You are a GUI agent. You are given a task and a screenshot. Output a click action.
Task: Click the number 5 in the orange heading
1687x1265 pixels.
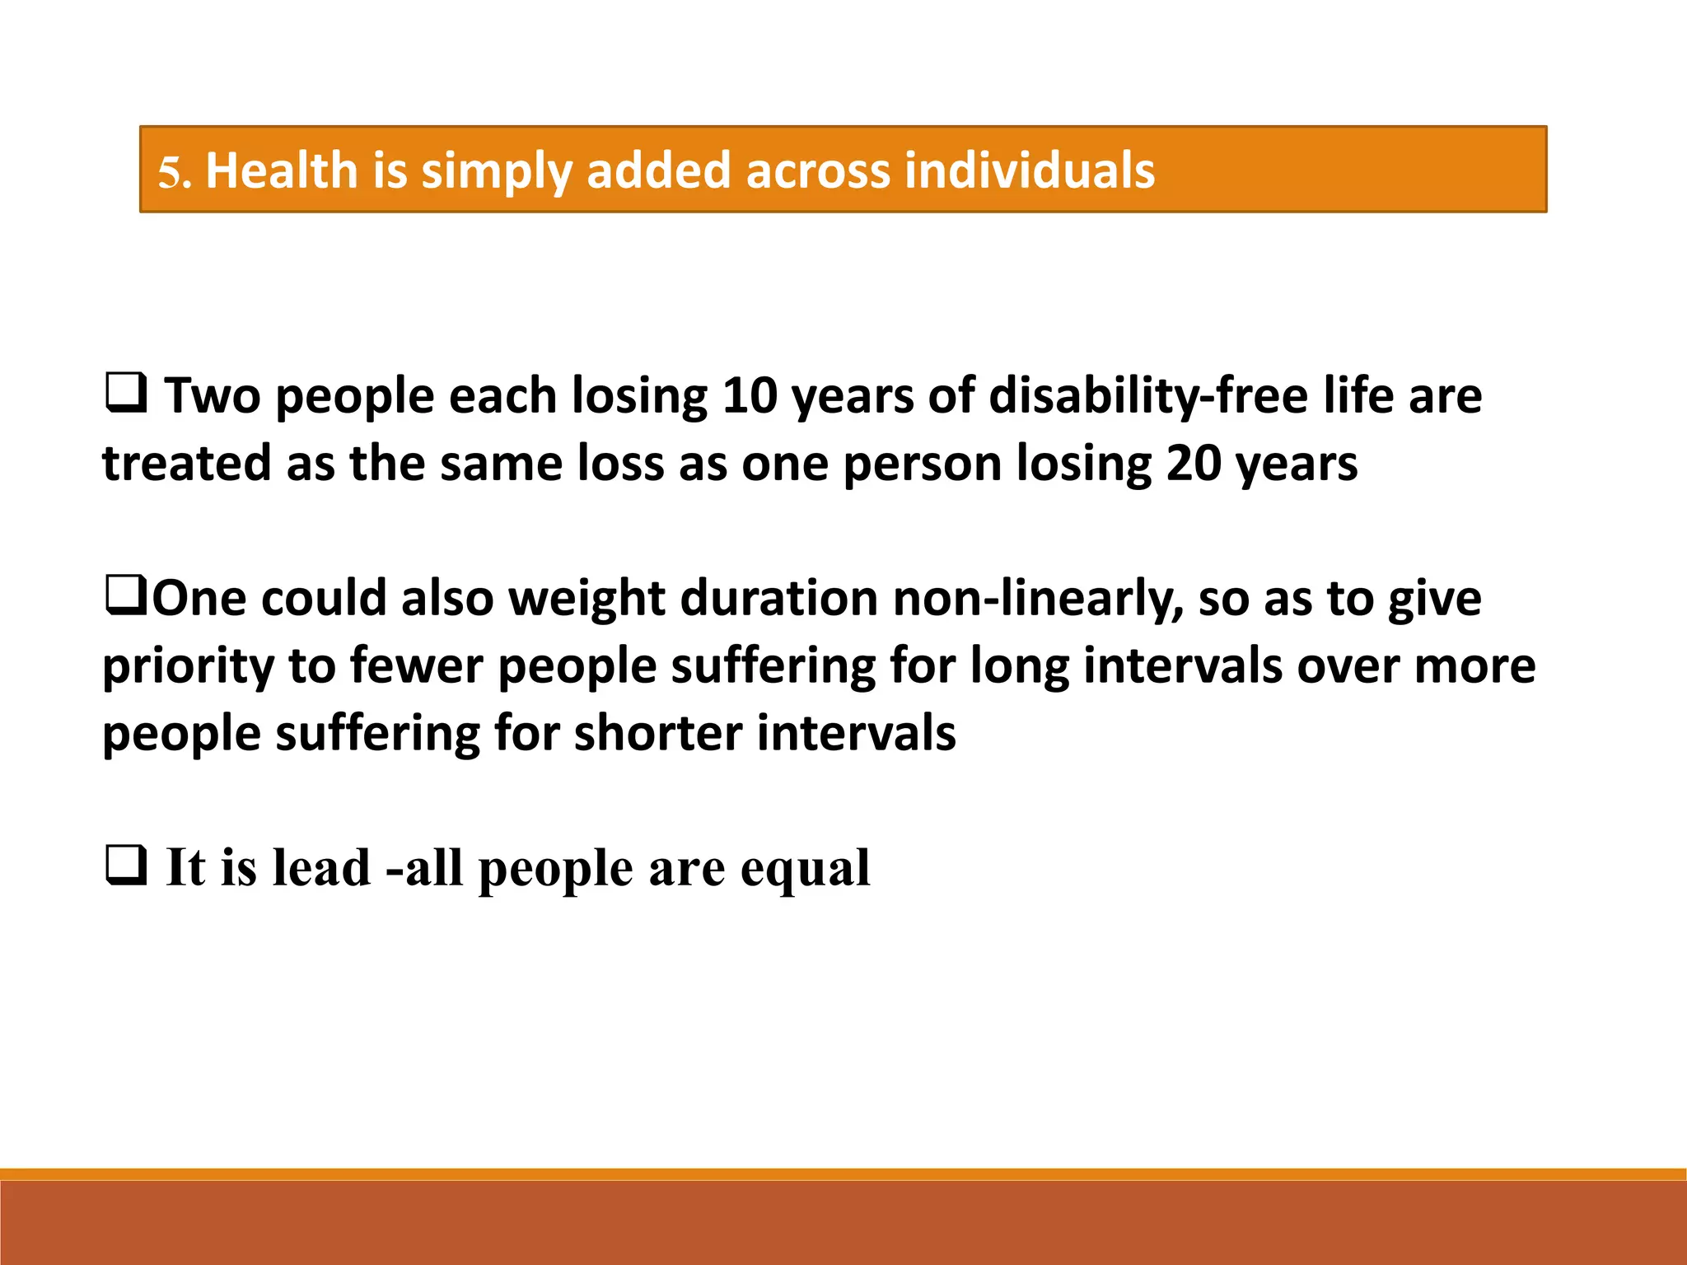tap(171, 172)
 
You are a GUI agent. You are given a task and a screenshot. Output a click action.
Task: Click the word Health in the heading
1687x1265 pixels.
tap(281, 170)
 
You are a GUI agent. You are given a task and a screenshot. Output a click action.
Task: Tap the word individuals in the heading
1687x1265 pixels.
tap(1029, 170)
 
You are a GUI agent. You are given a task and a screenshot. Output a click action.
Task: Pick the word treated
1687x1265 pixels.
tap(186, 463)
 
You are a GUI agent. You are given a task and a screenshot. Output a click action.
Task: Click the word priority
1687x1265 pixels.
tap(188, 667)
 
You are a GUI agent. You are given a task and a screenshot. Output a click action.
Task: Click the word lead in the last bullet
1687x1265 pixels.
tap(321, 867)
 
